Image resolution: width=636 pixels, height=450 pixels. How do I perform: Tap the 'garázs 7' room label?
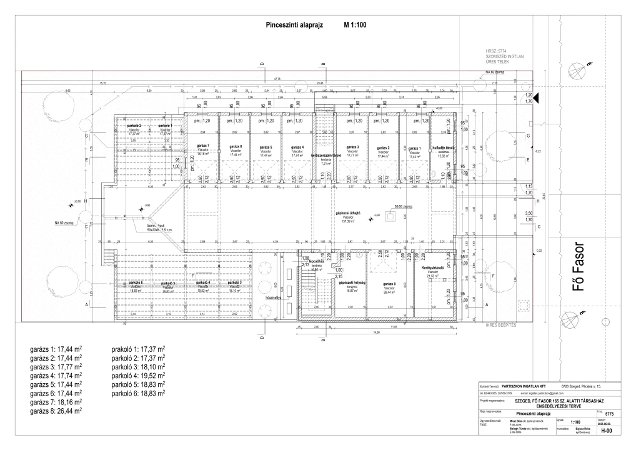[x=203, y=146]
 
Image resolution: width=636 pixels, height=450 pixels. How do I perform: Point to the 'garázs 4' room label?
[x=298, y=146]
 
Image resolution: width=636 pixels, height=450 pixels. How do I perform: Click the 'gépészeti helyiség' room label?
[x=351, y=282]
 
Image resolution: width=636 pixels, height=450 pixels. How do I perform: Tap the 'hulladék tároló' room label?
[x=444, y=147]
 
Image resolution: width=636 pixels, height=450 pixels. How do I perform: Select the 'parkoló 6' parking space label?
[x=136, y=283]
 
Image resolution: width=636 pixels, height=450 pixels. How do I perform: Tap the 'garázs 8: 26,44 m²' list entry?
[x=57, y=412]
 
